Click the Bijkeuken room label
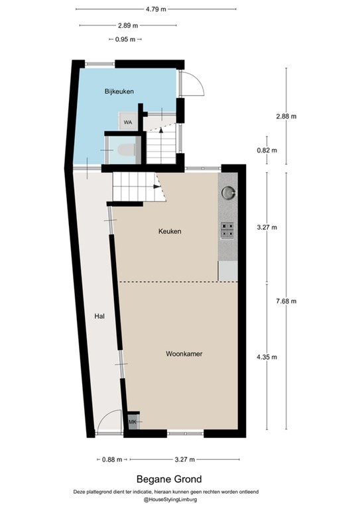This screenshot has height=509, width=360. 119,91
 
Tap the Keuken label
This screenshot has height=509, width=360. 170,231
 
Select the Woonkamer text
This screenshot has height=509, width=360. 184,354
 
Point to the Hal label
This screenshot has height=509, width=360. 99,316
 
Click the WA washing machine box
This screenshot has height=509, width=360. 128,121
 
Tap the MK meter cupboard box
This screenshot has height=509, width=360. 133,422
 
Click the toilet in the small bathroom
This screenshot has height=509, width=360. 126,150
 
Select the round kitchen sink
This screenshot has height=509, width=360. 228,192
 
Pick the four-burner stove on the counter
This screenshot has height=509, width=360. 227,230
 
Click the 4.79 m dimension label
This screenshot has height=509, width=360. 156,9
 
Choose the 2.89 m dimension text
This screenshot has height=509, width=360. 128,25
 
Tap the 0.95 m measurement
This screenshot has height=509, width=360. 125,40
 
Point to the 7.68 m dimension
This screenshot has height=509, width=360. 286,302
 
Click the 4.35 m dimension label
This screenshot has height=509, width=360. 267,357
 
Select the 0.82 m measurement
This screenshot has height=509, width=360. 267,150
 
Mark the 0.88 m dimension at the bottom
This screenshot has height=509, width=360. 112,459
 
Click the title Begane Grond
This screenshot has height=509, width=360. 169,479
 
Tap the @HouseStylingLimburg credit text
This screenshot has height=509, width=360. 170,500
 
